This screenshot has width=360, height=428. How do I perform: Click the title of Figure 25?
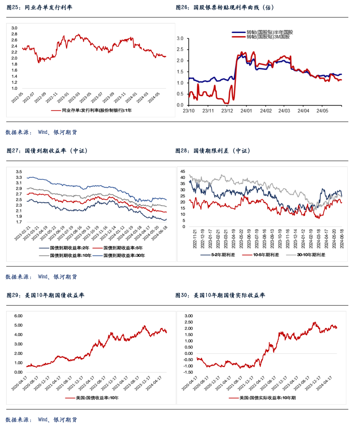tap(39, 7)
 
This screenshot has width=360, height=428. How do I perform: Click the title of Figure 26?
tap(225, 7)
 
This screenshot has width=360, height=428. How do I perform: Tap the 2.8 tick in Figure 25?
tap(14, 34)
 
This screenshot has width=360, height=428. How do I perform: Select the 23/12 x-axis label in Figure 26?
tap(227, 111)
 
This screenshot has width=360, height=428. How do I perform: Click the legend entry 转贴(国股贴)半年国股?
tap(270, 32)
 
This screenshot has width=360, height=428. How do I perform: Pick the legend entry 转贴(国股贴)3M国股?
tap(268, 37)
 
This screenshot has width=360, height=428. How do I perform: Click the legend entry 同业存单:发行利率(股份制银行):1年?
tap(97, 110)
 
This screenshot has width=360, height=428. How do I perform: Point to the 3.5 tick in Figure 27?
tap(19, 172)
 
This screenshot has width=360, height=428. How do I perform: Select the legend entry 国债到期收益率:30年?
tap(124, 256)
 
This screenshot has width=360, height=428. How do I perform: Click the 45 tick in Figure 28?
tap(183, 171)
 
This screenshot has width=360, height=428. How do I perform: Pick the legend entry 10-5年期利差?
tap(266, 255)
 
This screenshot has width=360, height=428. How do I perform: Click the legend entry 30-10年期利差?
tap(311, 255)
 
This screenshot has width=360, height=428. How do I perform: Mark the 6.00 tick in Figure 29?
tap(18, 316)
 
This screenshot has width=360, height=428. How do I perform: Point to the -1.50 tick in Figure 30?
tap(188, 372)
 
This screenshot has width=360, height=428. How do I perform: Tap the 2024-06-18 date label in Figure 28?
tap(342, 239)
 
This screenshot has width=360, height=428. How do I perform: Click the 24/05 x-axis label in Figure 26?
tap(322, 111)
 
